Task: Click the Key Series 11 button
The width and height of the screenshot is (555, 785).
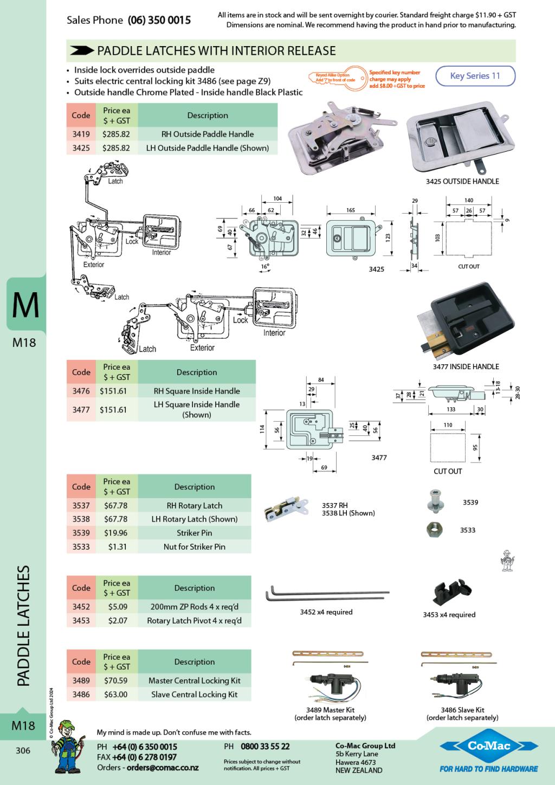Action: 475,76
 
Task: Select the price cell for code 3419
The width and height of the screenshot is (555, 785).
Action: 116,134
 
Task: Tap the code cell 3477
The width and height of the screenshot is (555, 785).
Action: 81,410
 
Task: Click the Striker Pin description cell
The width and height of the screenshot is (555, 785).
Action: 195,533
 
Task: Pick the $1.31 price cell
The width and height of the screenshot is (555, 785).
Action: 117,546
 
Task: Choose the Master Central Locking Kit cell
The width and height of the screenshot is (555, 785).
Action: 195,680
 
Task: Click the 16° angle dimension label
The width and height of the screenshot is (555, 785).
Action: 264,267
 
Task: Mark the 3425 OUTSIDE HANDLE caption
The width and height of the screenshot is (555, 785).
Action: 462,182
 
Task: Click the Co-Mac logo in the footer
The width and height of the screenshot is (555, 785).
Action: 489,746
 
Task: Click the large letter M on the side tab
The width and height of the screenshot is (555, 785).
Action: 25,305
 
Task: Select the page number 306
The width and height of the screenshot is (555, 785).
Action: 23,751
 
